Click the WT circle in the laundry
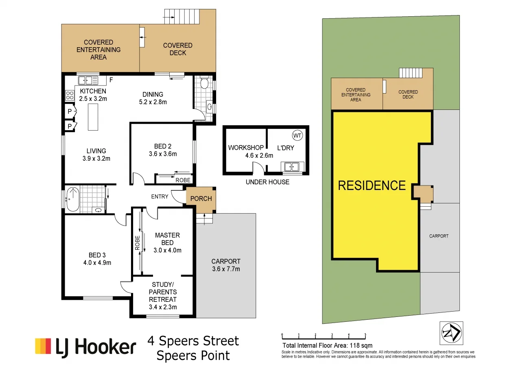(297, 135)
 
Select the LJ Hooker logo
(85, 347)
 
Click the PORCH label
(201, 199)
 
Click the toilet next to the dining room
(205, 84)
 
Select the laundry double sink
(292, 166)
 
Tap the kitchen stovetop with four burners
(70, 96)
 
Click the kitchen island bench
(93, 117)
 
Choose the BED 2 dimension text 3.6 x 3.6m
(162, 154)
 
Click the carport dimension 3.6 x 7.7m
(226, 269)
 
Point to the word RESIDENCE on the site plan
(372, 185)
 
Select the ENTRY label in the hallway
(160, 196)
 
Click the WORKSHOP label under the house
(246, 147)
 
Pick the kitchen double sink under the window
(89, 80)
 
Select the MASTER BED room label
(168, 239)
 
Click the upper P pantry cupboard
(69, 111)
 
